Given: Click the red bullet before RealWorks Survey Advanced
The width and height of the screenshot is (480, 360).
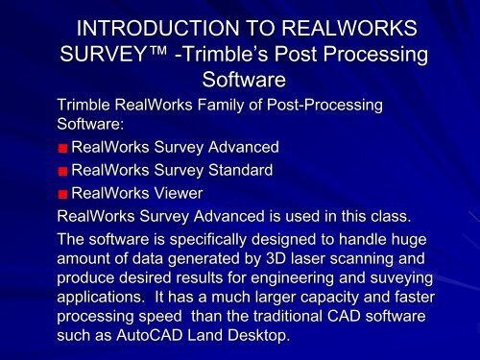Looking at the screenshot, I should point(62,148).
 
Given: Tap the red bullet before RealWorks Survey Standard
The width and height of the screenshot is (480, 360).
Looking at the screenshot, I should point(62,171).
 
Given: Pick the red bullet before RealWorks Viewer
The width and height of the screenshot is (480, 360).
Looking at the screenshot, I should point(62,194).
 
